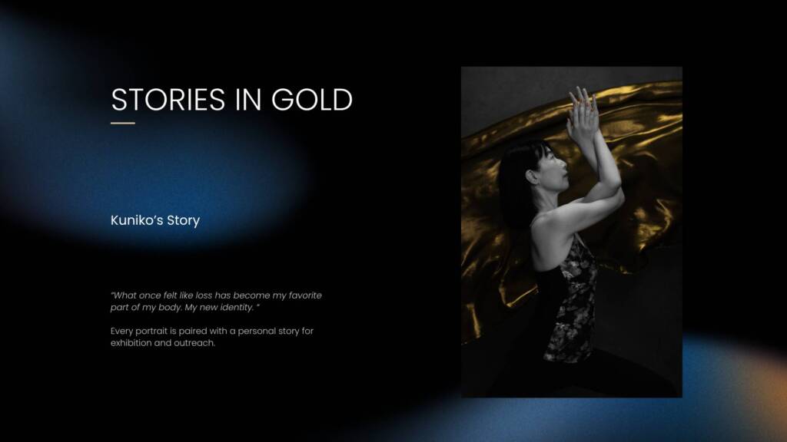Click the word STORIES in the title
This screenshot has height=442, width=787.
pyautogui.click(x=168, y=99)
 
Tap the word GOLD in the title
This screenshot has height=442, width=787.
pyautogui.click(x=312, y=99)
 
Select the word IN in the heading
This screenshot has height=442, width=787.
pyautogui.click(x=248, y=99)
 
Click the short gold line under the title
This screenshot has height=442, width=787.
pyautogui.click(x=123, y=123)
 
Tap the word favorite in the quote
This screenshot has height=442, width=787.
pyautogui.click(x=305, y=295)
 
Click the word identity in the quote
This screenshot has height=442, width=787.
pyautogui.click(x=237, y=307)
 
